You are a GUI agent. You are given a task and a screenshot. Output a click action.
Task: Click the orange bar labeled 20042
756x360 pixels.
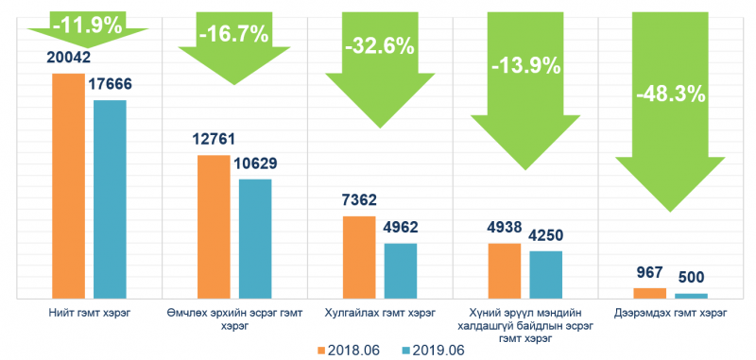point(68,186)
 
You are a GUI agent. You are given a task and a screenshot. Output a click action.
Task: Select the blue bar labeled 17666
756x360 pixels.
point(110,199)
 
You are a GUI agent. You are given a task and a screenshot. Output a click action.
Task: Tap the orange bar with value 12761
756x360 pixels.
point(215,227)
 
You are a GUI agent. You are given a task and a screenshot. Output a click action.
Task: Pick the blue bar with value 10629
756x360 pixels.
point(255,239)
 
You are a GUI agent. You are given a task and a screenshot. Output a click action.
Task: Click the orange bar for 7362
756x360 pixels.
point(359,258)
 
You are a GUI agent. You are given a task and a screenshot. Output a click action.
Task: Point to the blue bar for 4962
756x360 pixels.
point(401,271)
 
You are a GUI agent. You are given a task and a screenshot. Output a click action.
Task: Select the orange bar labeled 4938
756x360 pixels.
point(505,271)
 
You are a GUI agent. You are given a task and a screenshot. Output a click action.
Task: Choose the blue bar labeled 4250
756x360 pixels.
point(546,275)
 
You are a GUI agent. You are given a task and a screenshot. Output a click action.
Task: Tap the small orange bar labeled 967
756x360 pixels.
point(650,294)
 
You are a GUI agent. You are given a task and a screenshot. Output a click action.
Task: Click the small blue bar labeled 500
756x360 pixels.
point(692,297)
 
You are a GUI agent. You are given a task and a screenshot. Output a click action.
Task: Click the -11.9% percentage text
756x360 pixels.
point(88,25)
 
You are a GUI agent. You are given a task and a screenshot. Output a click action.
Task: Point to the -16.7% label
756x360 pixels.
point(233,35)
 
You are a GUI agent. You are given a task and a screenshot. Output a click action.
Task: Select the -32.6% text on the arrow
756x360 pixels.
point(380,46)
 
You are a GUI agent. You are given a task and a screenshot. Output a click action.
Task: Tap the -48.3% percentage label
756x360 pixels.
point(671,94)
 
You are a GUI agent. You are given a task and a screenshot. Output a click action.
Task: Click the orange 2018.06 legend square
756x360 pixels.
point(321,350)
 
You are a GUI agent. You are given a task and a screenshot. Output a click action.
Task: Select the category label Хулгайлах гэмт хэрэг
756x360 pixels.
point(380,314)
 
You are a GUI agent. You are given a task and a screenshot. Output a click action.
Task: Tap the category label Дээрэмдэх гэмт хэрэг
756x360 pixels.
point(671,314)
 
